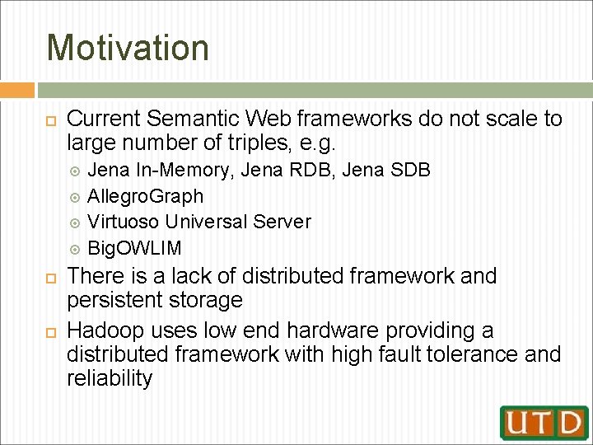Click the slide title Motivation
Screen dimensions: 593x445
[x=128, y=47]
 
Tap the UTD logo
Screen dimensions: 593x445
[x=544, y=423]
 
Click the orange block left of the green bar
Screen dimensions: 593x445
[x=17, y=90]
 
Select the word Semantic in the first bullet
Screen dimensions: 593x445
[x=193, y=118]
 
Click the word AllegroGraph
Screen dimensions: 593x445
[x=145, y=196]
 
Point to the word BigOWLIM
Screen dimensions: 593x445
[x=134, y=248]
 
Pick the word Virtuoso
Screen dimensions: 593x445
[x=123, y=222]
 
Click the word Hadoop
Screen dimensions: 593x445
[x=105, y=331]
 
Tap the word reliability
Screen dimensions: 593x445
[x=110, y=377]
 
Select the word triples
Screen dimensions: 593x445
[x=259, y=143]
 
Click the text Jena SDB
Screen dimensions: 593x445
[x=386, y=170]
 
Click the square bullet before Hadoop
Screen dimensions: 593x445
[x=51, y=333]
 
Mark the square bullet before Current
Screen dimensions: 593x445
[x=51, y=121]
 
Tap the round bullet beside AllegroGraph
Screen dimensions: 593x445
[x=75, y=198]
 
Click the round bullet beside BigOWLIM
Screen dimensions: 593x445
[x=75, y=250]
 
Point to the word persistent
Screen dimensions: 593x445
[x=114, y=300]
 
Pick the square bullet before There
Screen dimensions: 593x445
[x=51, y=279]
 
